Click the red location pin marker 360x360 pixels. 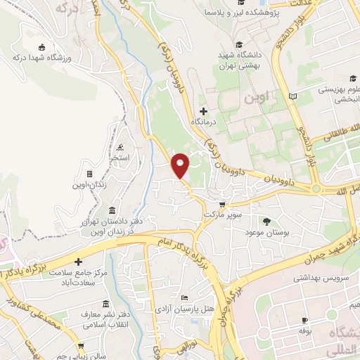[x=181, y=165]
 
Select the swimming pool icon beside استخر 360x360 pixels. [x=122, y=147]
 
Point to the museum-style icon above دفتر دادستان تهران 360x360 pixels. [x=113, y=210]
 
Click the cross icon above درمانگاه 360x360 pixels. [x=204, y=111]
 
